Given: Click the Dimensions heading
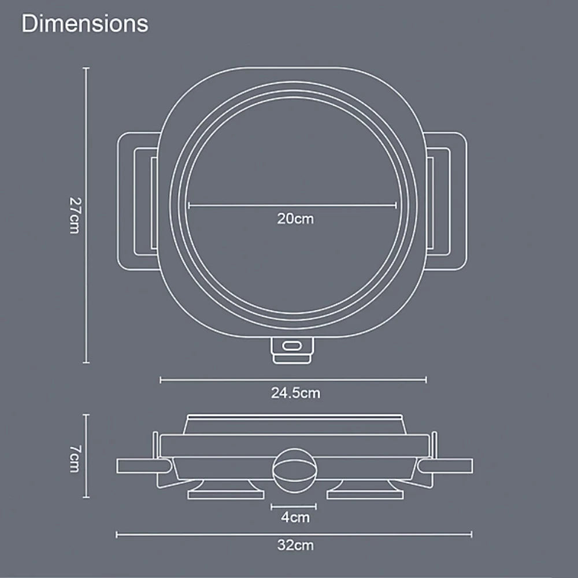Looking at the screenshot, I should pos(84,24).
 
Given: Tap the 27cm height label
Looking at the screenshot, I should pos(75,215).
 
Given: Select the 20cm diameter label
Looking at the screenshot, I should pos(295,218).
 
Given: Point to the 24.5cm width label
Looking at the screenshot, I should pos(295,394).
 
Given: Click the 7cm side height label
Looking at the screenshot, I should pos(75,458).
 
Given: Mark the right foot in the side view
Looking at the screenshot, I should pos(365,491).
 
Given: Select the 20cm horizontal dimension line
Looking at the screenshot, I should pos(292,204).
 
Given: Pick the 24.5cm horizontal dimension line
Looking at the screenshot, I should pos(293,380).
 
